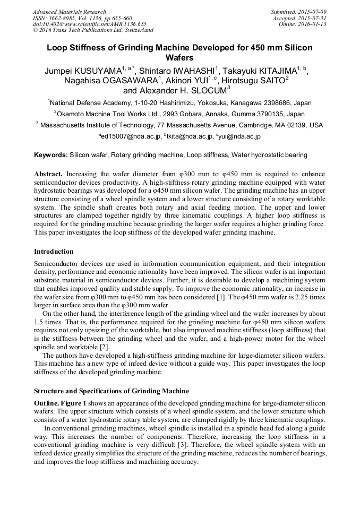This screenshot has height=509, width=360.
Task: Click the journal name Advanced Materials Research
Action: [69, 12]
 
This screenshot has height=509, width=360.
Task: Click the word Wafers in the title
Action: [179, 57]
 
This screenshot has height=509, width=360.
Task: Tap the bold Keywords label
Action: [50, 155]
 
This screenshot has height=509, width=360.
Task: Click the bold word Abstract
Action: [48, 174]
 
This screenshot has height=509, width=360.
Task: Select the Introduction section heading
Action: [54, 251]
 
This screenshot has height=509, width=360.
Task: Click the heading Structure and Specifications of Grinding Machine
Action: [111, 391]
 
